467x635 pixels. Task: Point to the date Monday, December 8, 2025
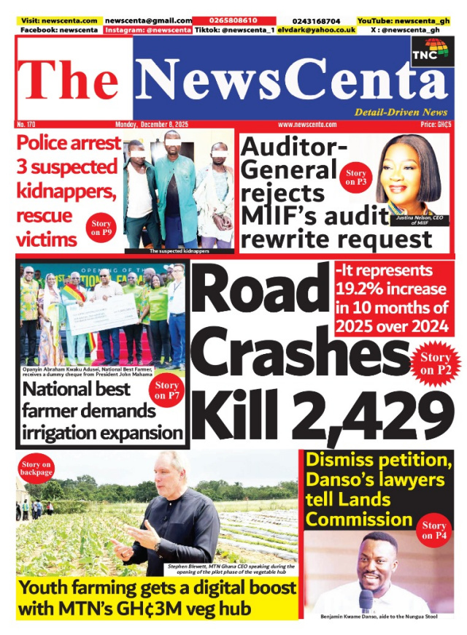[151, 125]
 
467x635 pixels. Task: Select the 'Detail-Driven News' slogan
[401, 112]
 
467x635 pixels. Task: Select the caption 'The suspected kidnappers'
[180, 251]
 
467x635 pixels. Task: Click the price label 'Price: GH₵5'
[437, 125]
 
